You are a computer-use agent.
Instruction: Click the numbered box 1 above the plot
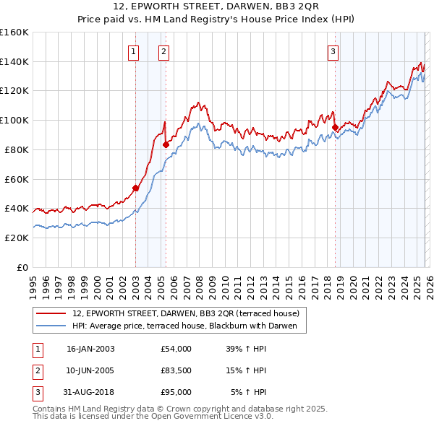[x=135, y=51]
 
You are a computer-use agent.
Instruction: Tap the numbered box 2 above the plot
[x=164, y=51]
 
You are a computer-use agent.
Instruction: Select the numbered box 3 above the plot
[x=333, y=51]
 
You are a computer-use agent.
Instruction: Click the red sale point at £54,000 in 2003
[x=135, y=188]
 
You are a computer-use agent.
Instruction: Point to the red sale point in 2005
[x=166, y=144]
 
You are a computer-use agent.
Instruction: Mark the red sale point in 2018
[x=335, y=127]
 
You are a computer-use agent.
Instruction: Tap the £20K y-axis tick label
[x=16, y=238]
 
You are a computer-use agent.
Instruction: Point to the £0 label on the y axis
[x=22, y=267]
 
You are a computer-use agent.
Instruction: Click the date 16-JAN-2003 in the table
[x=90, y=349]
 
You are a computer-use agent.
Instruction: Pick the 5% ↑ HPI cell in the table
[x=248, y=392]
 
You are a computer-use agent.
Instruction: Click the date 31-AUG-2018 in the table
[x=90, y=392]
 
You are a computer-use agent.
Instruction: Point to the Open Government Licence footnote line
[x=153, y=417]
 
